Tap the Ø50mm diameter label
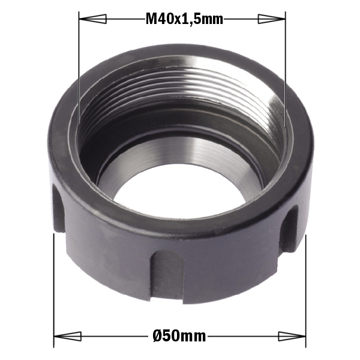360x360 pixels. (x=179, y=336)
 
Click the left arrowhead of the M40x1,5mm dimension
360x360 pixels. (x=89, y=20)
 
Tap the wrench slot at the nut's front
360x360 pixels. (x=166, y=275)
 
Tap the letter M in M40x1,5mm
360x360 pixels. (x=152, y=20)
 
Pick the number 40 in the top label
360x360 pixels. (x=166, y=20)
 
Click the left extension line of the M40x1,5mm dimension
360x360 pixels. (x=79, y=72)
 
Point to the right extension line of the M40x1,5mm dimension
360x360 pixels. (x=284, y=72)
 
